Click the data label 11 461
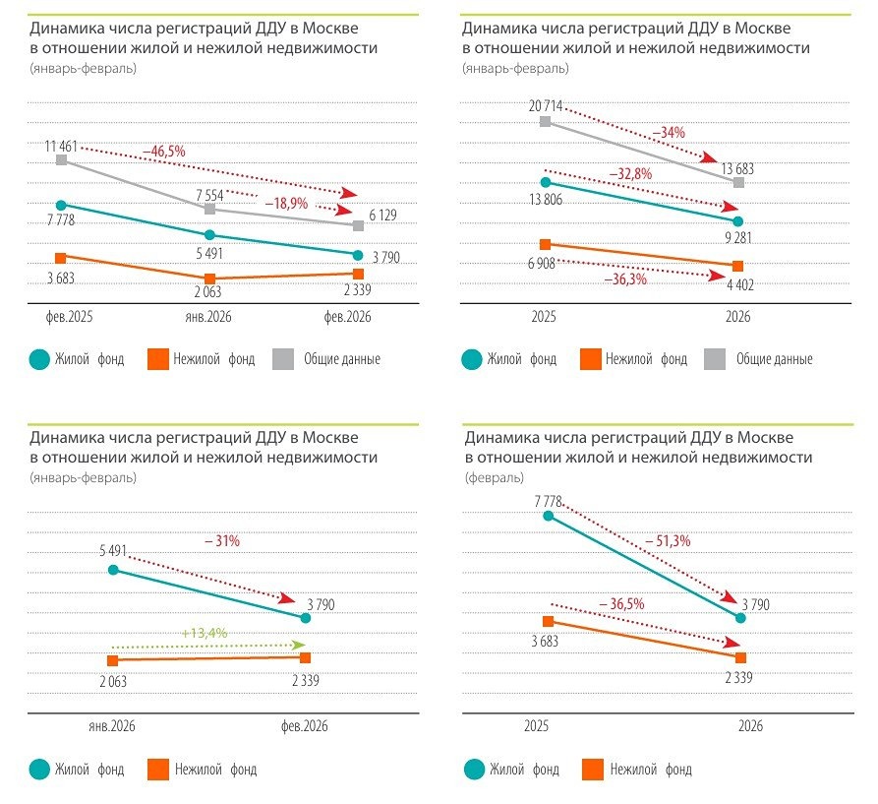[x=61, y=146]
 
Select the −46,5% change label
[x=163, y=151]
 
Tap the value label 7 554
[x=210, y=195]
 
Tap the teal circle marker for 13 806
[x=545, y=182]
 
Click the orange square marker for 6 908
[x=545, y=244]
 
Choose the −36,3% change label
[x=626, y=279]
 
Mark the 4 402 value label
[x=739, y=284]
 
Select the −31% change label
[x=221, y=541]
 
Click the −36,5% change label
[x=621, y=603]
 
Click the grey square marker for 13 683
[x=739, y=183]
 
